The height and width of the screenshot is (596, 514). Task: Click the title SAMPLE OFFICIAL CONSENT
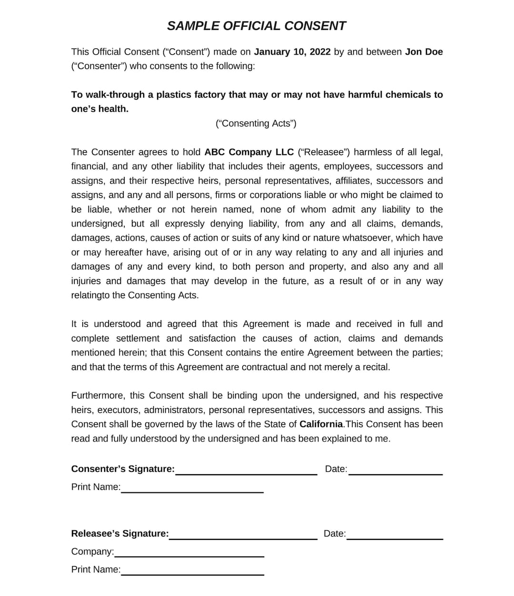pos(256,26)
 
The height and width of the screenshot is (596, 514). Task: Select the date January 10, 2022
pos(292,52)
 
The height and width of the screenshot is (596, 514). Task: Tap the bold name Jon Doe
pos(424,52)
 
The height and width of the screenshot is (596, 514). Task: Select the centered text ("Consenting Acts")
pos(256,124)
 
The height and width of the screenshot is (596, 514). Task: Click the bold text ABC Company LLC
pos(249,152)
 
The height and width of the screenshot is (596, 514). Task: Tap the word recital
pos(375,367)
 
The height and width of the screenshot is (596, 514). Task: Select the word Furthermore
pos(98,396)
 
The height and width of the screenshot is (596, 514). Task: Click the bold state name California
pos(321,424)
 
